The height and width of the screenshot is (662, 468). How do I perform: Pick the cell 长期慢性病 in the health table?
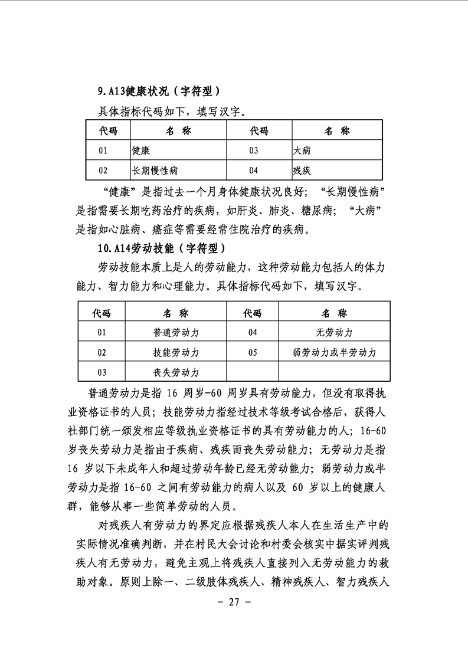pyautogui.click(x=155, y=171)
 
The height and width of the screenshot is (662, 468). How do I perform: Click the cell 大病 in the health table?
pyautogui.click(x=302, y=150)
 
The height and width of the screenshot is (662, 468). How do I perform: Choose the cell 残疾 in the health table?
pyautogui.click(x=302, y=171)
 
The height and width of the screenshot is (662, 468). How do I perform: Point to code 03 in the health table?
pyautogui.click(x=254, y=150)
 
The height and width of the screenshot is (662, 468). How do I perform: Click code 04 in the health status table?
pyautogui.click(x=254, y=171)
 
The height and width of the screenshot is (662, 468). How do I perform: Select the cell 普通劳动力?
pyautogui.click(x=176, y=333)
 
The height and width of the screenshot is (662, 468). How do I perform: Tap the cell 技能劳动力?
pyautogui.click(x=176, y=353)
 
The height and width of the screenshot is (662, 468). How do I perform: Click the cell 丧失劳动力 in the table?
pyautogui.click(x=176, y=372)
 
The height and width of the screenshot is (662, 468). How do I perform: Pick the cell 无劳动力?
pyautogui.click(x=334, y=333)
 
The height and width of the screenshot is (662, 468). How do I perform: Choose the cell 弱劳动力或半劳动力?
pyautogui.click(x=334, y=353)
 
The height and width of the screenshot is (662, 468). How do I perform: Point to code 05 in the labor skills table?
pyautogui.click(x=253, y=353)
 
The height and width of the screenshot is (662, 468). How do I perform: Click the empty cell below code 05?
pyautogui.click(x=253, y=372)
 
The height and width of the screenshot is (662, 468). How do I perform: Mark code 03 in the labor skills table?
pyautogui.click(x=102, y=372)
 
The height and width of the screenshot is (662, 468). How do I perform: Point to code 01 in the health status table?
pyautogui.click(x=103, y=150)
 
